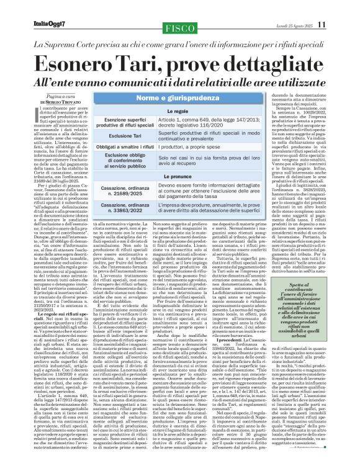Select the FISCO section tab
179,28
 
